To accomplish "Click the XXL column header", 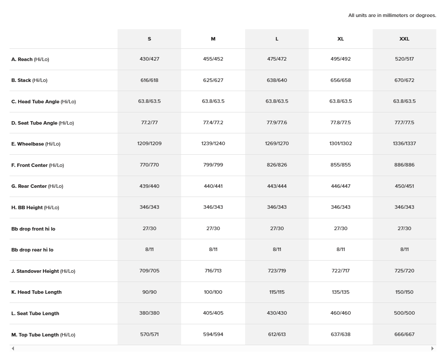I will pos(404,39).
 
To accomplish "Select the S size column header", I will pos(149,39).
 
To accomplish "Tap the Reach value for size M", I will pos(213,59).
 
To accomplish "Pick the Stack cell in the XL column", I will pos(340,80).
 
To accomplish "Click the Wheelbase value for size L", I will pos(277,143).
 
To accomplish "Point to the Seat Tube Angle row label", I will pos(43,123).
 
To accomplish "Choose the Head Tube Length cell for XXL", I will pos(404,292).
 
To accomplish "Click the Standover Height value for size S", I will pos(149,271).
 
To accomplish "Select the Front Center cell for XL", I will pos(340,165).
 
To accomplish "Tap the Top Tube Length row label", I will pos(43,335).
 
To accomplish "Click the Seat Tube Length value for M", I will pos(213,313).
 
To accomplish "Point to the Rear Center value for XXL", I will pos(404,186).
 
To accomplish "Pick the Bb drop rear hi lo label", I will pos(32,250).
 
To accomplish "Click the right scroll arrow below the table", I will pos(432,348).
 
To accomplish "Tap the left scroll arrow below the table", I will pos(13,348).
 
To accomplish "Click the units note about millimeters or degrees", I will pos(392,15).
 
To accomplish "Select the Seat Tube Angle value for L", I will pos(277,122).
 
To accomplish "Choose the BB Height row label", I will pos(35,207).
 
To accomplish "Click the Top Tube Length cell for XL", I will pos(340,334).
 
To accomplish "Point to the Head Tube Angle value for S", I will pos(149,101).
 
